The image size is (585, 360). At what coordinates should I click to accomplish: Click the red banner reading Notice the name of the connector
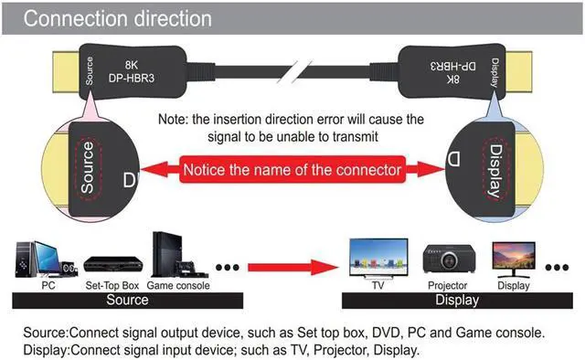click(292, 170)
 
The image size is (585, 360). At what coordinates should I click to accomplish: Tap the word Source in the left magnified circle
click(88, 166)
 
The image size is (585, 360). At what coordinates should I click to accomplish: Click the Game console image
click(173, 257)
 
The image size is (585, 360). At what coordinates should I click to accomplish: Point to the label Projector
click(448, 285)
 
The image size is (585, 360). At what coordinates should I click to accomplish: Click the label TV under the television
click(377, 285)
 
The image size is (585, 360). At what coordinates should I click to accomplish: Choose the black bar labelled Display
click(456, 299)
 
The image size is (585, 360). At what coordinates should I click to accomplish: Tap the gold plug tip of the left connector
click(65, 70)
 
